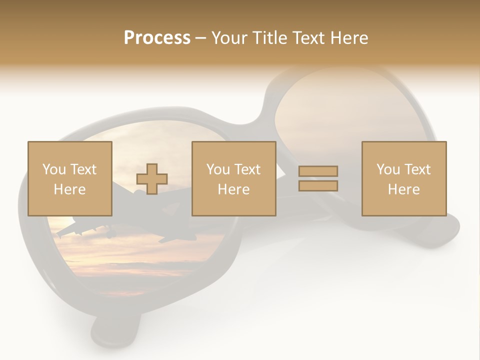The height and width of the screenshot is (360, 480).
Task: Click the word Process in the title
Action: [x=157, y=38]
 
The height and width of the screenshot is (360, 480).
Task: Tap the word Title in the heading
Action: [x=270, y=38]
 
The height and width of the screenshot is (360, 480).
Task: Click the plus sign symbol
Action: [x=152, y=179]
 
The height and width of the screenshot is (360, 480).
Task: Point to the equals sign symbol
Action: [x=318, y=178]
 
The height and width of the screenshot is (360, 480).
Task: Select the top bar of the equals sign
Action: [x=318, y=171]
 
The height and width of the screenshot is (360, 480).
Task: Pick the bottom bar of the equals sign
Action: [x=318, y=186]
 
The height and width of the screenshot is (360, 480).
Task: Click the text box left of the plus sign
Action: [x=70, y=178]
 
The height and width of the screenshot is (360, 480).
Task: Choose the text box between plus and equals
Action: [x=234, y=178]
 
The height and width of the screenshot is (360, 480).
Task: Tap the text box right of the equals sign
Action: [x=404, y=178]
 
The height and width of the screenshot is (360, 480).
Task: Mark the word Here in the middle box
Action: [x=234, y=189]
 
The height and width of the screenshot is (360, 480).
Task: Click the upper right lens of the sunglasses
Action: [x=340, y=110]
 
